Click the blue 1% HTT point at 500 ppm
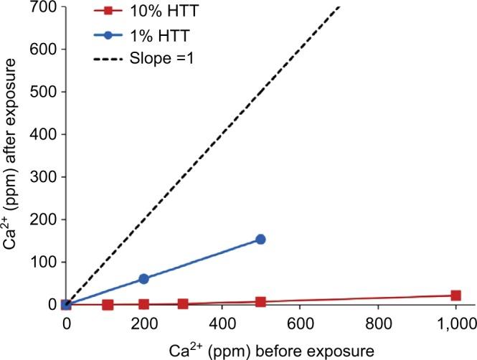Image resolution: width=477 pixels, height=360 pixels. click(x=260, y=239)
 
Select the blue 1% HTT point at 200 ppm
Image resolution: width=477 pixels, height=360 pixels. click(x=143, y=278)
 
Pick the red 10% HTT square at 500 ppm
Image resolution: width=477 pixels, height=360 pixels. click(x=260, y=302)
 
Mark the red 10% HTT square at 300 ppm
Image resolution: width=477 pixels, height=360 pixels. click(x=183, y=303)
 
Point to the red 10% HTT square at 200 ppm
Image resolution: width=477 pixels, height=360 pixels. click(x=143, y=304)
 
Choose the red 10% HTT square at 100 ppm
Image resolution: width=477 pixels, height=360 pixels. click(x=108, y=305)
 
